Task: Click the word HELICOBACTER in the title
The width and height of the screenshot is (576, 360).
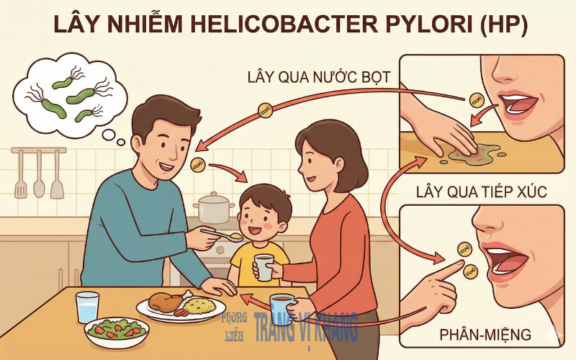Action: pyautogui.click(x=279, y=24)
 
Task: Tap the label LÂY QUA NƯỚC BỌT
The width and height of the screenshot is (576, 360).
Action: pyautogui.click(x=319, y=77)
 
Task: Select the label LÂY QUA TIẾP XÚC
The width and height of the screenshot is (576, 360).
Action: pyautogui.click(x=482, y=192)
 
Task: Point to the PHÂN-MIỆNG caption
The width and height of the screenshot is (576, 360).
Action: pyautogui.click(x=485, y=335)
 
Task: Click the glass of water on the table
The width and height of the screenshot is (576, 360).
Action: pyautogui.click(x=87, y=307)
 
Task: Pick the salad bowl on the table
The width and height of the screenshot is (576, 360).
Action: pyautogui.click(x=117, y=332)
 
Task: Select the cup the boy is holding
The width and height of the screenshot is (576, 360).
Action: pyautogui.click(x=264, y=267)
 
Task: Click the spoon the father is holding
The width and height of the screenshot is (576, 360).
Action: pyautogui.click(x=223, y=235)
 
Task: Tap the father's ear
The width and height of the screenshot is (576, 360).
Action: pyautogui.click(x=136, y=146)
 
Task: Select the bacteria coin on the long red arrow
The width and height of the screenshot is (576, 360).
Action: pyautogui.click(x=265, y=110)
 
